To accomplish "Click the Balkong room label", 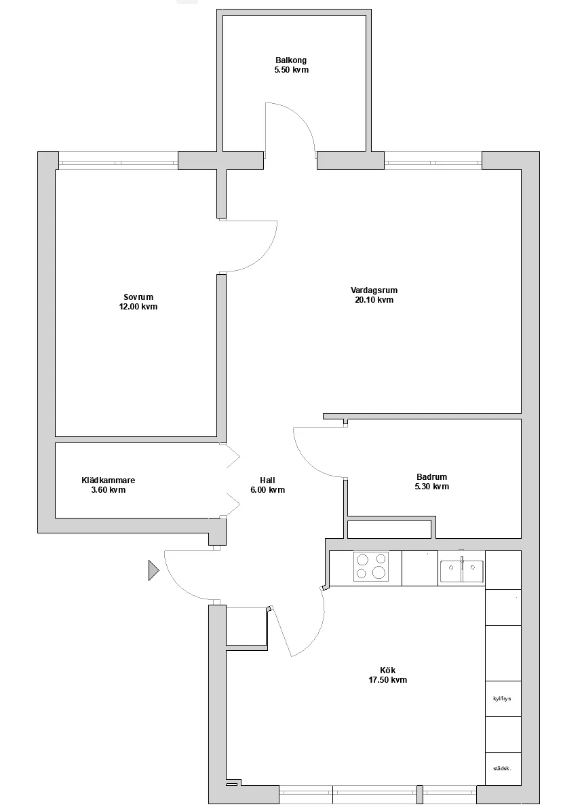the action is coord(291,60).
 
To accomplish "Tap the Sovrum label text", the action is coord(138,297).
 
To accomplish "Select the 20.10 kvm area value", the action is coord(374,300).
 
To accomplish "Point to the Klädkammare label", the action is coord(108,480).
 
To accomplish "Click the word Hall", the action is coord(268,480).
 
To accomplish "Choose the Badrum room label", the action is coord(432,477).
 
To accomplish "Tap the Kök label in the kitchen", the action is coord(387,671).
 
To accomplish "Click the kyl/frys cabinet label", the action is coord(502,698).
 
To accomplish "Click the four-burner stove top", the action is coord(371,567).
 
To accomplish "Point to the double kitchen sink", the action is coord(462,571).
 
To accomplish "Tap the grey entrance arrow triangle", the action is coord(153,571).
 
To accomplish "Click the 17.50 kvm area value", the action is coord(387,680).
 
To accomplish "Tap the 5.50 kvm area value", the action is coord(292,70).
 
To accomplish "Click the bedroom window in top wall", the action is coord(118,163).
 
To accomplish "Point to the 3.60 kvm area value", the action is coord(108,490).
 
